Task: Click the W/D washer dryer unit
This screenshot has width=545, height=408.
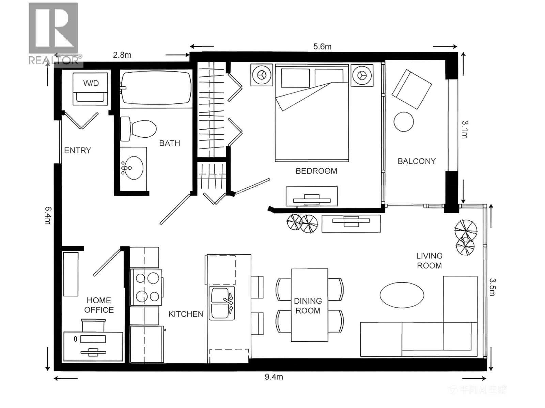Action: [91, 89]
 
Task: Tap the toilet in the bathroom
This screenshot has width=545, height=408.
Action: [139, 129]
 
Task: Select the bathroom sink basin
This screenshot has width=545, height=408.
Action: [133, 168]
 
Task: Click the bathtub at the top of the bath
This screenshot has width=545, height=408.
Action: [156, 88]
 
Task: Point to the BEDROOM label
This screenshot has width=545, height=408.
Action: [316, 171]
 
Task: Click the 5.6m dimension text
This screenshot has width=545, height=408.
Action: [322, 47]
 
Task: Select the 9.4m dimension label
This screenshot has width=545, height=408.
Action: [274, 377]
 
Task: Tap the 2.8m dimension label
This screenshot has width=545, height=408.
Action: [122, 55]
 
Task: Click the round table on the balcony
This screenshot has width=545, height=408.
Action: [404, 122]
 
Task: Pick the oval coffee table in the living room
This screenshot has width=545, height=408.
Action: [402, 295]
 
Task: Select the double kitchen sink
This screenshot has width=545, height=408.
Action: [222, 303]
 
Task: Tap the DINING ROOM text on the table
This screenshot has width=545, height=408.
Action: [308, 306]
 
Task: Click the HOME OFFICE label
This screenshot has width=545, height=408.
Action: [99, 305]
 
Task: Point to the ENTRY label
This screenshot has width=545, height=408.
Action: [78, 150]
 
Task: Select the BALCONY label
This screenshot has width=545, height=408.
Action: [417, 161]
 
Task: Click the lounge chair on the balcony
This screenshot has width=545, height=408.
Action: [411, 89]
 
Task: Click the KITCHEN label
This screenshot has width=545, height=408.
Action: [186, 314]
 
